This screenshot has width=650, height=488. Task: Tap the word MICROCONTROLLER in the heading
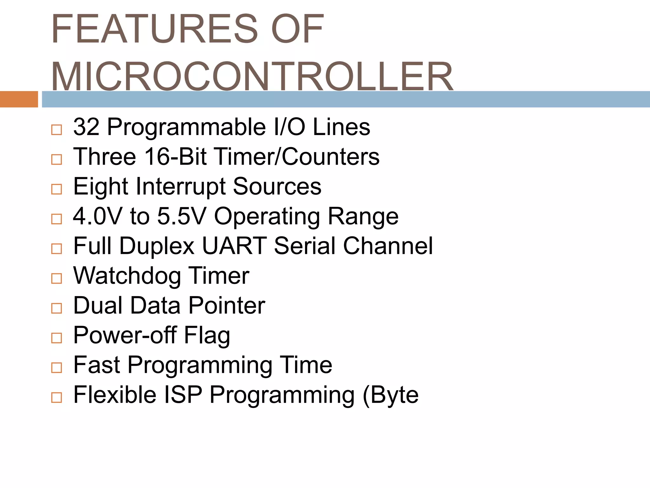[252, 77]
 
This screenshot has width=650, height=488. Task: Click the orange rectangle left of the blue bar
[19, 99]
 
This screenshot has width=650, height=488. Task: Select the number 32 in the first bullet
[86, 127]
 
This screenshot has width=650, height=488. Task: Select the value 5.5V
[182, 216]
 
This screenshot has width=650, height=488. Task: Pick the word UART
[234, 246]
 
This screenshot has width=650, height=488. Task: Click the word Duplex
[157, 246]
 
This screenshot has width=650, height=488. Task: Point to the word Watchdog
[127, 276]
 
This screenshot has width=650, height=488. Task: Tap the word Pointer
[227, 306]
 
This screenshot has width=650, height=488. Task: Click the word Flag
[207, 335]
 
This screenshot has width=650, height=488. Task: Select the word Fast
[96, 365]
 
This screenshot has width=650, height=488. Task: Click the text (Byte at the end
[390, 395]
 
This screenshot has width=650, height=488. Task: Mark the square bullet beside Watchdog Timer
[56, 278]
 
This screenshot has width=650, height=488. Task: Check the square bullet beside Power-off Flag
[56, 338]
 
